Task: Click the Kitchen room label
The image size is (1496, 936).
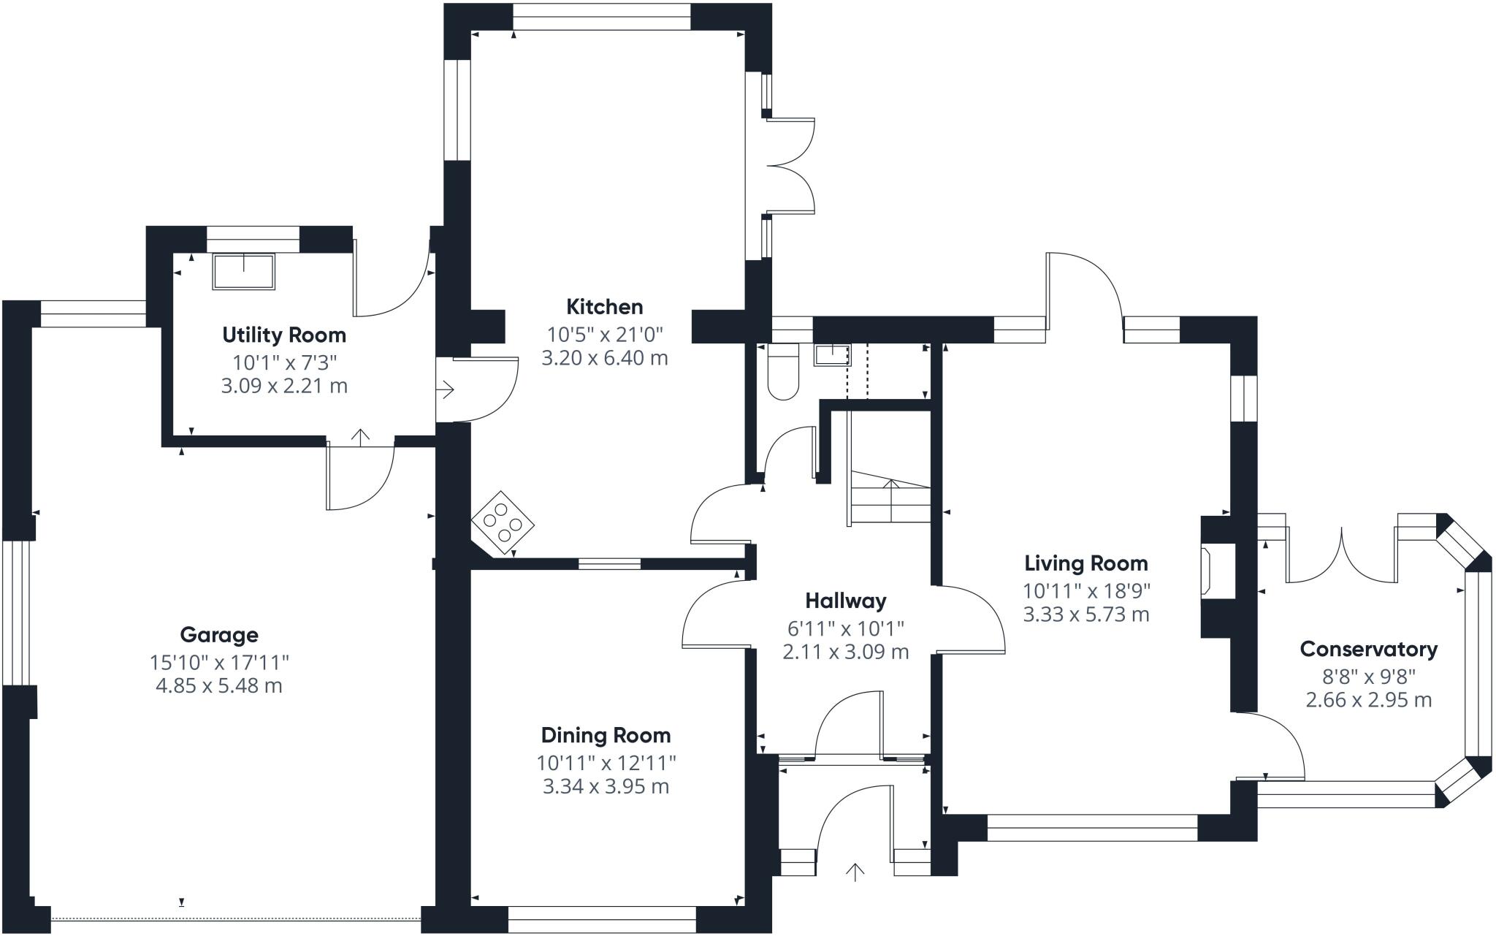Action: (605, 307)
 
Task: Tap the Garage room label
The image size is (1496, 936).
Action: (219, 636)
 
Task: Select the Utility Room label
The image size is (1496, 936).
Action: (284, 335)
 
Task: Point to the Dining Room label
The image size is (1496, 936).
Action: (606, 735)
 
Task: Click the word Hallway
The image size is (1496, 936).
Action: (846, 601)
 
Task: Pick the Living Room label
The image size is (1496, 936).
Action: (1086, 563)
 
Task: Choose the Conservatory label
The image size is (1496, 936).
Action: (1369, 649)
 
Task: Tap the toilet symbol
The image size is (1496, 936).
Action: (784, 372)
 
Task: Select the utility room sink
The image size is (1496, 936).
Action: (244, 272)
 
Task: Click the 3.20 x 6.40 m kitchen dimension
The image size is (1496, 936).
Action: (605, 358)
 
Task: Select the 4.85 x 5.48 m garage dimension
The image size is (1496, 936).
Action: (219, 686)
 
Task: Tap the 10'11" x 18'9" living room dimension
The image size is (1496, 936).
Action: (1086, 591)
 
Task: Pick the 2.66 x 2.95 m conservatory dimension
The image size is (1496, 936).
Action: (1369, 700)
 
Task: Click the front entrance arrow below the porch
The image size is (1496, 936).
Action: (855, 872)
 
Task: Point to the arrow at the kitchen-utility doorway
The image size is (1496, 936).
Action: (446, 390)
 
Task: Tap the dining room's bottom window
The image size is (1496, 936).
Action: (602, 919)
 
